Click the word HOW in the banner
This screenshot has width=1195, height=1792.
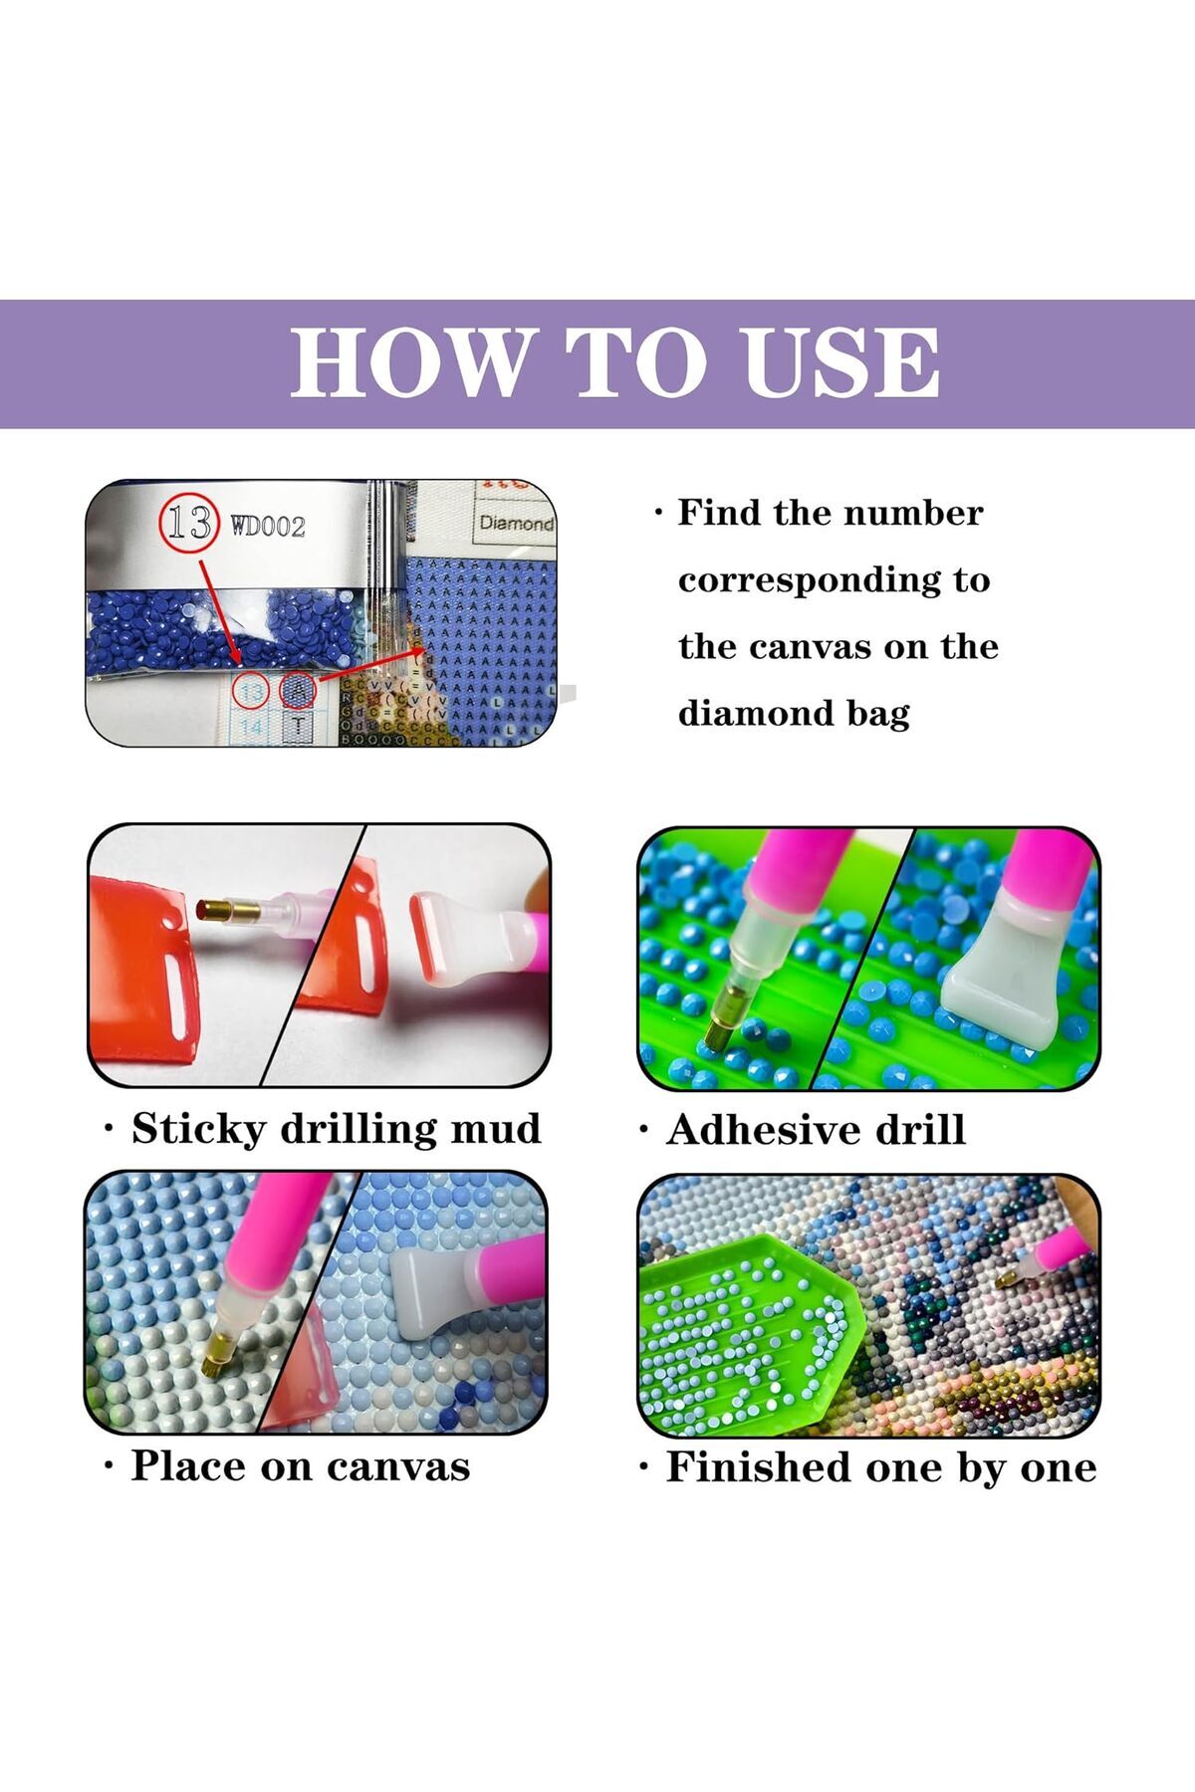tap(408, 362)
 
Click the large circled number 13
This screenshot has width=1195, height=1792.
tap(187, 523)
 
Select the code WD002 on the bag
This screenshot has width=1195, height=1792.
tap(268, 526)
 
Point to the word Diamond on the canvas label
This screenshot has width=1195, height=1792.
tap(517, 523)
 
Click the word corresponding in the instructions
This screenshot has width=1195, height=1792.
tap(835, 581)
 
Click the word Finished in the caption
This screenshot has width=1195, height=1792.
tap(759, 1467)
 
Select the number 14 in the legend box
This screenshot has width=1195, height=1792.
tap(252, 728)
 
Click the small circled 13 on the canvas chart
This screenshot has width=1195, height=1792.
tap(251, 691)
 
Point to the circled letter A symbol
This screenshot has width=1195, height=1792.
tap(298, 689)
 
